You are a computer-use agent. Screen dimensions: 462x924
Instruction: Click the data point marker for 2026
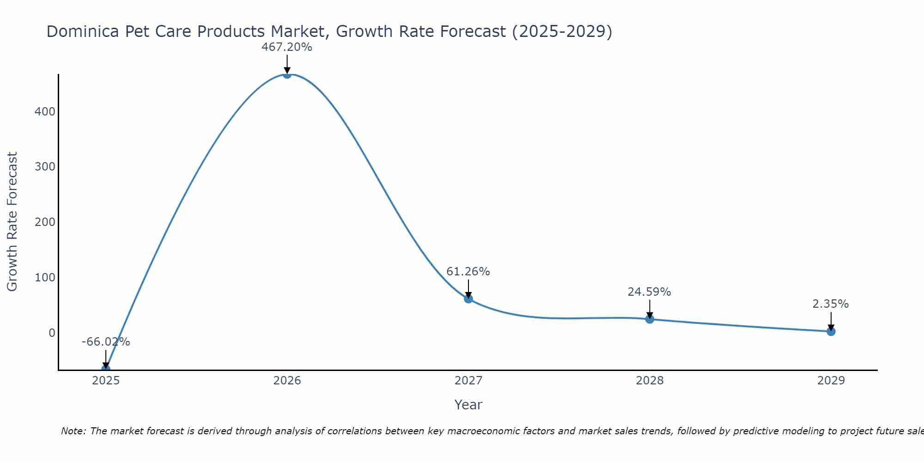click(287, 74)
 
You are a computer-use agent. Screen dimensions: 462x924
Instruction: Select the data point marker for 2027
click(468, 299)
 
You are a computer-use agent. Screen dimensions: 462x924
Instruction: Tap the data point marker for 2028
click(650, 319)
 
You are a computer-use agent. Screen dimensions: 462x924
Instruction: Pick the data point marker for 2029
click(831, 331)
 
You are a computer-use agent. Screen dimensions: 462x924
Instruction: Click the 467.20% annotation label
click(287, 47)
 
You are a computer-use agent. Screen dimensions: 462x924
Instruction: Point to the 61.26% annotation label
click(468, 272)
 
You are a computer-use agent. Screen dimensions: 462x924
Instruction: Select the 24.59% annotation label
click(649, 292)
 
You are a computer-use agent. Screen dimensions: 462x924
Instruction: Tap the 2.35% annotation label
click(831, 304)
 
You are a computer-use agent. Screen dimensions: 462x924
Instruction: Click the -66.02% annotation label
click(106, 342)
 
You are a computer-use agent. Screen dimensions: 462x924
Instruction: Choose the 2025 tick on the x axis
click(106, 381)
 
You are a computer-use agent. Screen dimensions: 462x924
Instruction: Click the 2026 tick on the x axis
click(287, 381)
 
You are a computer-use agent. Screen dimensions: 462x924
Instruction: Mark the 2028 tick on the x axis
click(650, 381)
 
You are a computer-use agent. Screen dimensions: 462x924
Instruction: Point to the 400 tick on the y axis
click(45, 111)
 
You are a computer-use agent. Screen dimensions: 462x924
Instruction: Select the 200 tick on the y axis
click(45, 222)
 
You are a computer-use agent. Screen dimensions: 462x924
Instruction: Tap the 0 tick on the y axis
click(52, 333)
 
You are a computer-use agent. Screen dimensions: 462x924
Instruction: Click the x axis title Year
click(468, 405)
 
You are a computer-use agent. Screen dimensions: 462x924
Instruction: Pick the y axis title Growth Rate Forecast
click(12, 222)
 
